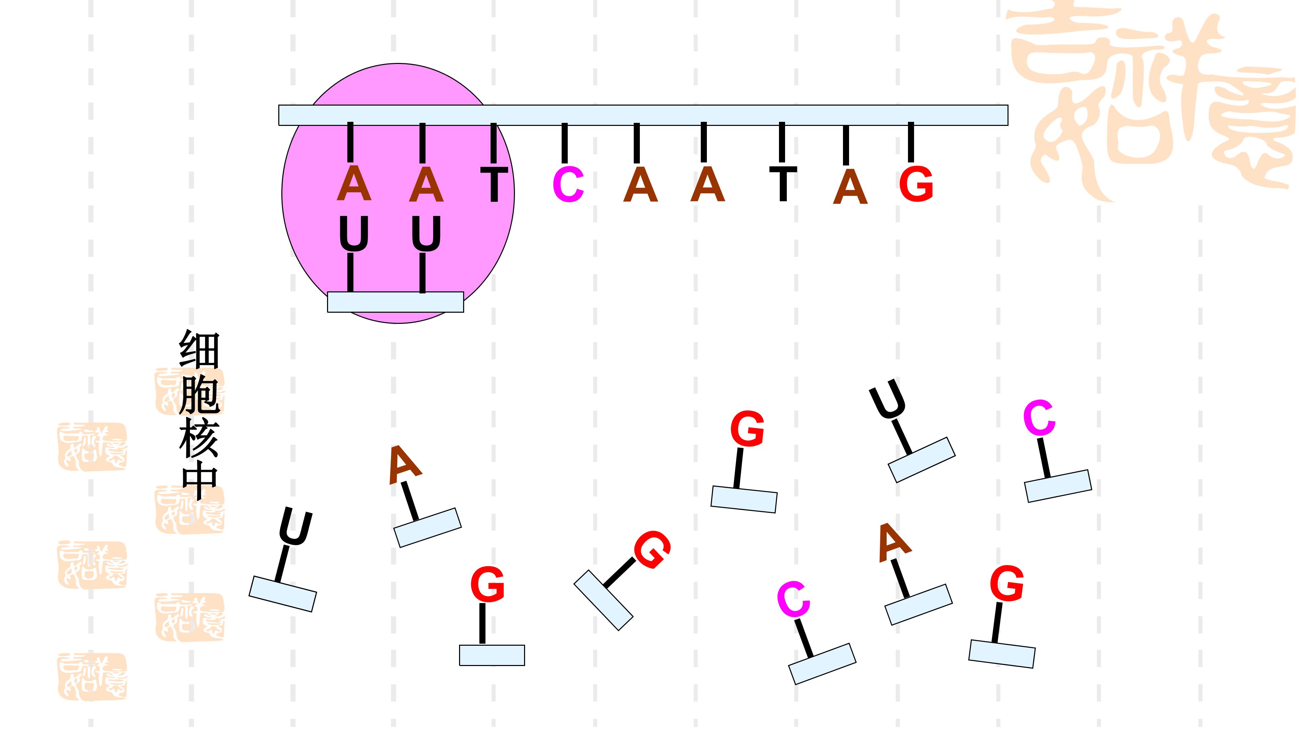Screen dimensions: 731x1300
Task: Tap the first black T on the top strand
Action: click(494, 185)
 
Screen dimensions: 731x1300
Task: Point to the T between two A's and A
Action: click(783, 184)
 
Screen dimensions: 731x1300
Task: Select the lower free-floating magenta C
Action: click(793, 600)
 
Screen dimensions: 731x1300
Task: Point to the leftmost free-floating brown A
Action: click(404, 465)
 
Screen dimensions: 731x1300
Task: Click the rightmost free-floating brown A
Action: click(894, 543)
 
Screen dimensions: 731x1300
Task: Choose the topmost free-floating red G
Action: click(747, 428)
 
